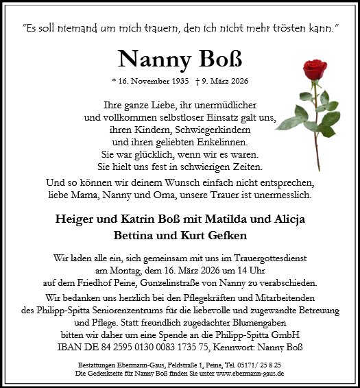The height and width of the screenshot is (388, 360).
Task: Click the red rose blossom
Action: pos(317,69)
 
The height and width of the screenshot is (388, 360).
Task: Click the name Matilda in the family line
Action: pos(228,219)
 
